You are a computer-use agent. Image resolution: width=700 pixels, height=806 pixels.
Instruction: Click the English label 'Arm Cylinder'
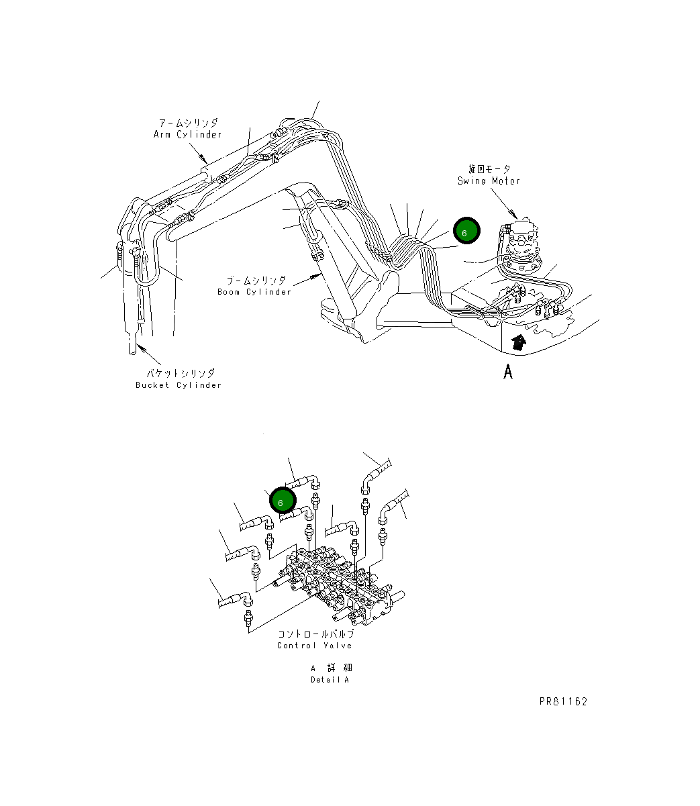pyautogui.click(x=187, y=135)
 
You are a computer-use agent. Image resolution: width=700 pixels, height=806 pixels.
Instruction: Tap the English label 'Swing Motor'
pyautogui.click(x=489, y=181)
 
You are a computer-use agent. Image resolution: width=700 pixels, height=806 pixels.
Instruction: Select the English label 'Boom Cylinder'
pyautogui.click(x=254, y=292)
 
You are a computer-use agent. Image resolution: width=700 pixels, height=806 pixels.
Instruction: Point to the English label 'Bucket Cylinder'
pyautogui.click(x=178, y=385)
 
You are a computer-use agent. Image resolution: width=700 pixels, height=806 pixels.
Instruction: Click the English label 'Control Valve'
pyautogui.click(x=314, y=646)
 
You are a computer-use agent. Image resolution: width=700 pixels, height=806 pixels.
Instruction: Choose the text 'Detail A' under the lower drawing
pyautogui.click(x=330, y=680)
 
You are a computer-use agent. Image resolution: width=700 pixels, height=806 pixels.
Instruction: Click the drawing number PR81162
pyautogui.click(x=563, y=702)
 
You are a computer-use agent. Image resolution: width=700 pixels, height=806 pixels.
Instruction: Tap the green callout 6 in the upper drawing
pyautogui.click(x=466, y=232)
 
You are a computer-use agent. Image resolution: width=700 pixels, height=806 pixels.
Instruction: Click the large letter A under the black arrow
pyautogui.click(x=508, y=371)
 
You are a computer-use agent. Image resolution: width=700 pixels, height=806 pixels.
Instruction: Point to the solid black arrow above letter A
pyautogui.click(x=517, y=343)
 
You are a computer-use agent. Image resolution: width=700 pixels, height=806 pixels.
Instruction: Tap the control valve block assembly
pyautogui.click(x=336, y=581)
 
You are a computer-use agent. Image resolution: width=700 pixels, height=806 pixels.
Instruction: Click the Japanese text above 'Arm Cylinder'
pyautogui.click(x=188, y=123)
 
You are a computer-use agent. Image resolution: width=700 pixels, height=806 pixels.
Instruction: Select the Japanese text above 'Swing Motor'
pyautogui.click(x=489, y=169)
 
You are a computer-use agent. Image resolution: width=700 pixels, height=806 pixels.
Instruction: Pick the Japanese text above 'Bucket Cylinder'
pyautogui.click(x=180, y=373)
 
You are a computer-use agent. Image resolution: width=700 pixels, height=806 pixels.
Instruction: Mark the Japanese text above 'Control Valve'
pyautogui.click(x=315, y=634)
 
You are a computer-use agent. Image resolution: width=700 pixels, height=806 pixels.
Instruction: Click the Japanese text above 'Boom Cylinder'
pyautogui.click(x=256, y=281)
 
